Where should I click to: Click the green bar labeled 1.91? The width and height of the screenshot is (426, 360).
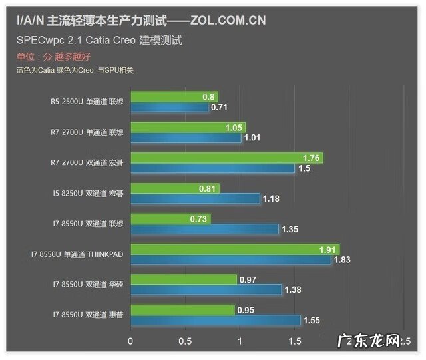[234, 250]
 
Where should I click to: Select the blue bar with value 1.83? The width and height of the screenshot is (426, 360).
[230, 260]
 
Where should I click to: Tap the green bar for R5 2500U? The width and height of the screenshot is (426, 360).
[174, 97]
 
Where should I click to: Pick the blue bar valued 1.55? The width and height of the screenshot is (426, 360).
[215, 321]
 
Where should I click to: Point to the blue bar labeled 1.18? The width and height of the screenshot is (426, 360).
[195, 198]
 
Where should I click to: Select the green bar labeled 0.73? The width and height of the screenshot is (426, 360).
[170, 219]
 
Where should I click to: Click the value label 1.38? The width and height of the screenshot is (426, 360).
[294, 290]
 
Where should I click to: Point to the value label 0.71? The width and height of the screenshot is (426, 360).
[219, 107]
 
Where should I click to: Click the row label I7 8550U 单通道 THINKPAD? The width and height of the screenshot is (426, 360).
[77, 254]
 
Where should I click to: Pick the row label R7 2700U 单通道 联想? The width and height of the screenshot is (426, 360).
[87, 132]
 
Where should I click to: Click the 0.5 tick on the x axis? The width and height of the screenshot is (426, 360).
[185, 341]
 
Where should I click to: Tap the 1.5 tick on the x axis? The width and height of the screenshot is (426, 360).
[294, 341]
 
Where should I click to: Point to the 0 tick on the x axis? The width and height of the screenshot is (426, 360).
[130, 341]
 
